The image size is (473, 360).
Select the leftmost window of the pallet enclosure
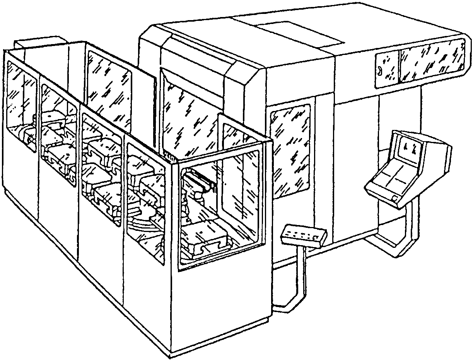[x=22, y=104]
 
